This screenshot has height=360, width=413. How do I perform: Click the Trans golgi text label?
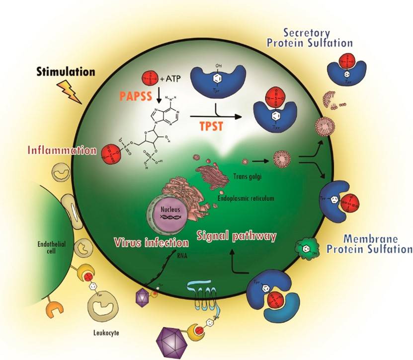245,175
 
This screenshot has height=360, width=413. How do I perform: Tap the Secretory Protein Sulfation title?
310,38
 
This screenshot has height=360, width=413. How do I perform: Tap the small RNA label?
182,257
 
